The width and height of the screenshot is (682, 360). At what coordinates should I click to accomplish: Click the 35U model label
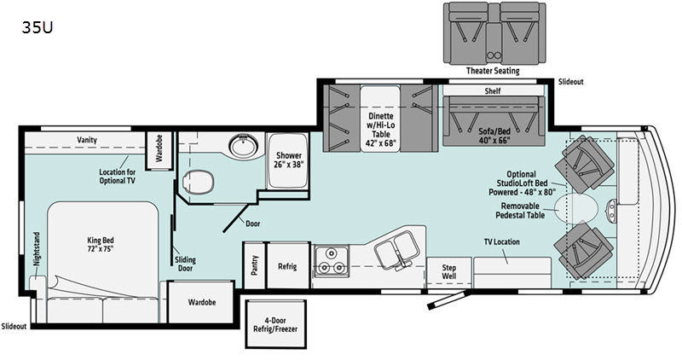[x=38, y=27]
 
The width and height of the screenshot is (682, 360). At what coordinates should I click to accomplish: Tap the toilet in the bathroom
[x=199, y=182]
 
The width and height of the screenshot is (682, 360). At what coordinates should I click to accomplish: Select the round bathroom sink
[x=243, y=145]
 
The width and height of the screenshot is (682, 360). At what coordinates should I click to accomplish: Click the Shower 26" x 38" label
[x=289, y=160]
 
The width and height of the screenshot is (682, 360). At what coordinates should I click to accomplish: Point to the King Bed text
[x=101, y=240]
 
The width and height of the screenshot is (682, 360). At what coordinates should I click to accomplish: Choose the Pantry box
[x=254, y=265]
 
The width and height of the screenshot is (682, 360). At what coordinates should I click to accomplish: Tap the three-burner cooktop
[x=332, y=260]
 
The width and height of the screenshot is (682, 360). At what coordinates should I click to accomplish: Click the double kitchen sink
[x=397, y=249]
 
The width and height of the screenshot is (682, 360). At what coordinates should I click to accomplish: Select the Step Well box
[x=449, y=272]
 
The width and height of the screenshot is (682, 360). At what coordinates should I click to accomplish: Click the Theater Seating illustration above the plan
[x=494, y=33]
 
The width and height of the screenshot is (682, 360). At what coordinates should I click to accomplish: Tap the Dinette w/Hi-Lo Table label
[x=380, y=130]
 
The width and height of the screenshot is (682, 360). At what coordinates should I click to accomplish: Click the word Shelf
[x=493, y=91]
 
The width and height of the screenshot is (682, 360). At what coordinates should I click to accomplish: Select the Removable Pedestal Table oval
[x=577, y=209]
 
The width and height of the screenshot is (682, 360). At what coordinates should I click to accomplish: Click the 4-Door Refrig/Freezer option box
[x=275, y=324]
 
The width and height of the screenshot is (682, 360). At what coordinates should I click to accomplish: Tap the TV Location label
[x=502, y=241]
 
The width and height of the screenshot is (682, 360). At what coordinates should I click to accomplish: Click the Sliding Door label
[x=185, y=264]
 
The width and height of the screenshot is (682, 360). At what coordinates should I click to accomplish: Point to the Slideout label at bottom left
[x=14, y=326]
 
